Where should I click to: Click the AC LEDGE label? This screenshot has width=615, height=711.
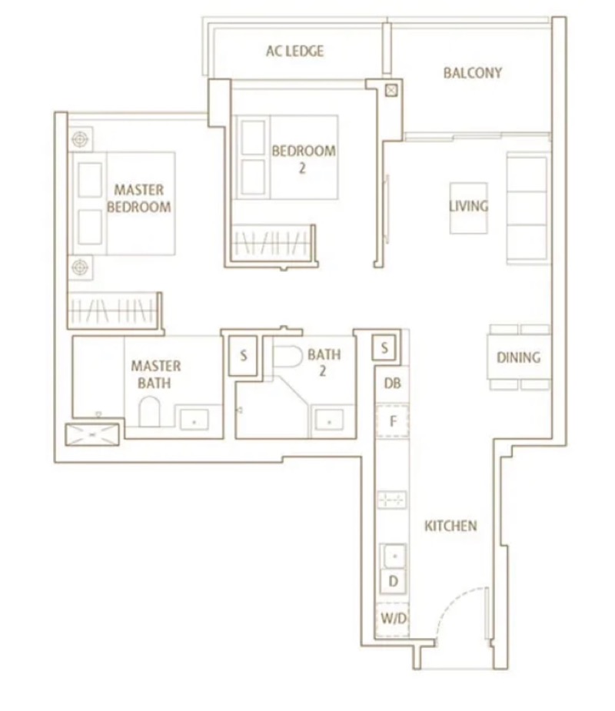click(294, 51)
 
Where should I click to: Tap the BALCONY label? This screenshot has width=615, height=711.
click(473, 72)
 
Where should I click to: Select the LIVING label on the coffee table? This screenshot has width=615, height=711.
click(468, 206)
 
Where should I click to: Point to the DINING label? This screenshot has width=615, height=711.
click(518, 357)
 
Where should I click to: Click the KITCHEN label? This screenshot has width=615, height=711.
click(450, 526)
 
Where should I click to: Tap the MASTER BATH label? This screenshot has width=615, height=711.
click(155, 374)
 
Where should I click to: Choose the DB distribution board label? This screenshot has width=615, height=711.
click(392, 383)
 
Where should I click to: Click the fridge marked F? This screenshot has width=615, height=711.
click(393, 421)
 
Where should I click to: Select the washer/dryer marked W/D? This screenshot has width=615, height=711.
click(393, 619)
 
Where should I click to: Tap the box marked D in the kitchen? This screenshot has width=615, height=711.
click(394, 581)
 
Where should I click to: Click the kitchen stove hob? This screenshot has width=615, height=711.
click(392, 500)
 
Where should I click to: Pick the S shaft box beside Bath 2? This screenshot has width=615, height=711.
click(243, 355)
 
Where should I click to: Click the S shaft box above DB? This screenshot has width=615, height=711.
click(384, 347)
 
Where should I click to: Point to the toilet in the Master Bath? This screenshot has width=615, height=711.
click(149, 411)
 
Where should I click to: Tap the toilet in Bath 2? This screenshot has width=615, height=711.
click(288, 356)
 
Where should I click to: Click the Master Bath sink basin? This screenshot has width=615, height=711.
click(194, 420)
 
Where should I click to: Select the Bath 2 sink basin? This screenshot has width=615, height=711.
click(329, 420)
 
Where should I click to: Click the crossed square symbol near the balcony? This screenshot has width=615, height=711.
click(391, 90)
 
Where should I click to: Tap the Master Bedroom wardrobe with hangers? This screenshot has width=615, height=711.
click(114, 311)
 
